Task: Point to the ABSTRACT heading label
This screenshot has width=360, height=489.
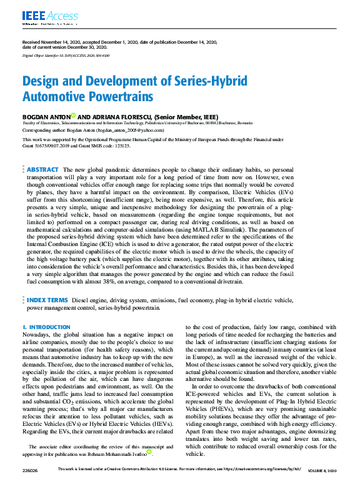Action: coord(43,170)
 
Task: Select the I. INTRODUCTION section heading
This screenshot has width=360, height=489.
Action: coord(46,327)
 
